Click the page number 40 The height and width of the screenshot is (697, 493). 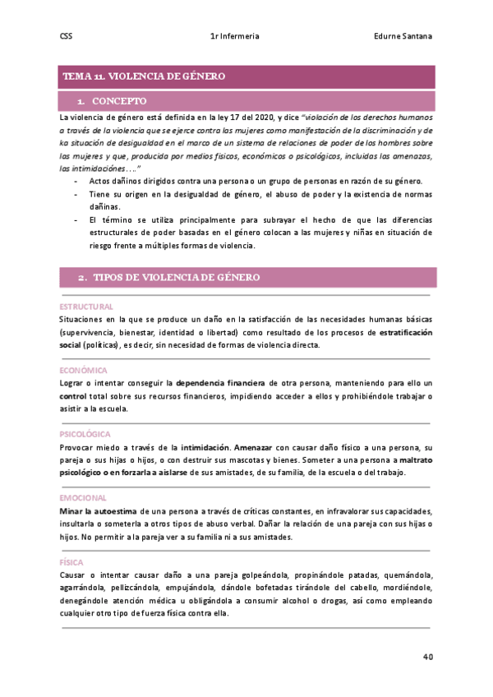(x=428, y=657)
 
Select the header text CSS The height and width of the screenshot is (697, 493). (x=67, y=36)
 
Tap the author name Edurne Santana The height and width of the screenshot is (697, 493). (x=403, y=36)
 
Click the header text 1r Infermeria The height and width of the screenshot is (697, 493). (x=235, y=36)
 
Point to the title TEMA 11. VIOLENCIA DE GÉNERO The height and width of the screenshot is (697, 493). (x=144, y=76)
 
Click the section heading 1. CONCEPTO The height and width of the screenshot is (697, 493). (x=113, y=101)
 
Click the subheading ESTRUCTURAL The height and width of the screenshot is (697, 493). (x=86, y=307)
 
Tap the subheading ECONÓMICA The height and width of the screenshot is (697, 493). (x=84, y=370)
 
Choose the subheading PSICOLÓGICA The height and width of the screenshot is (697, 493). (x=85, y=434)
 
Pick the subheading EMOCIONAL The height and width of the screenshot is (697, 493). (x=83, y=498)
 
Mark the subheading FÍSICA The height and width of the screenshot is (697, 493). (x=71, y=562)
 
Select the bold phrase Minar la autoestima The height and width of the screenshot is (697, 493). (x=94, y=511)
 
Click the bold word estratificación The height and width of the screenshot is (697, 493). (x=405, y=332)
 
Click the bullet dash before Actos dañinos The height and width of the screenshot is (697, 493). (x=76, y=181)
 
